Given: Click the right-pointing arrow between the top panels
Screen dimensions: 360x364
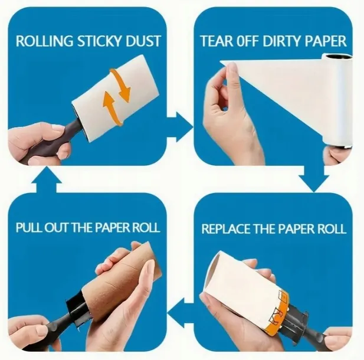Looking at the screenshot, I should [x=178, y=128].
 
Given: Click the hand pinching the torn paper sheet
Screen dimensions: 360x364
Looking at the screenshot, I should [x=227, y=106].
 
